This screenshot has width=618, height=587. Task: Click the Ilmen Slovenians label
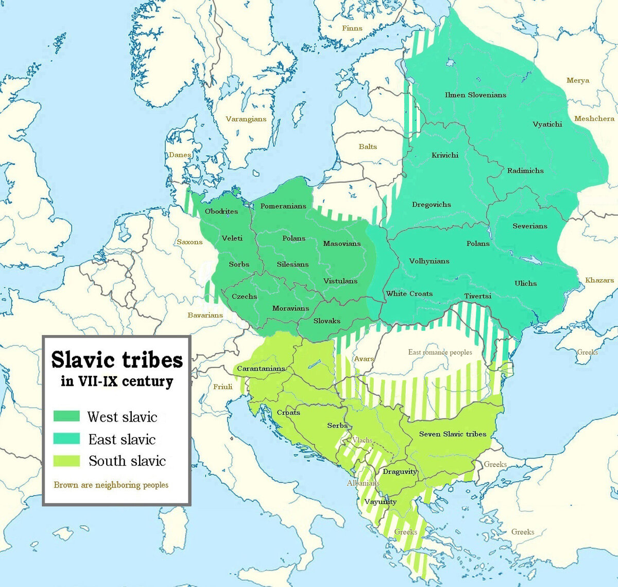pyautogui.click(x=475, y=95)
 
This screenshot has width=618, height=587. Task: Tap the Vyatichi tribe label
pyautogui.click(x=547, y=124)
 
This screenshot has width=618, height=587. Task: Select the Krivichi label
pyautogui.click(x=444, y=155)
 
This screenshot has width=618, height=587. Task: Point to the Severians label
pyautogui.click(x=529, y=226)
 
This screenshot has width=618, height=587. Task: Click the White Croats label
pyautogui.click(x=409, y=294)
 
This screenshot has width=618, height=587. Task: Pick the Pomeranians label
pyautogui.click(x=283, y=206)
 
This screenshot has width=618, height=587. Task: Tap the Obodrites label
pyautogui.click(x=221, y=211)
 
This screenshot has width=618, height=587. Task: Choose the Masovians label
pyautogui.click(x=342, y=244)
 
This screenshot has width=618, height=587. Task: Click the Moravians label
pyautogui.click(x=290, y=308)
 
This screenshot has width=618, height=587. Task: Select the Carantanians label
pyautogui.click(x=261, y=369)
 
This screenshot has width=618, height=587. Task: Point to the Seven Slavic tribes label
pyautogui.click(x=452, y=434)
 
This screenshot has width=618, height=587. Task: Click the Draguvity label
pyautogui.click(x=400, y=472)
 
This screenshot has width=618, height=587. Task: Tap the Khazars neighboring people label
pyautogui.click(x=599, y=280)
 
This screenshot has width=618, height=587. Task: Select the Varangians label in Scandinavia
pyautogui.click(x=246, y=119)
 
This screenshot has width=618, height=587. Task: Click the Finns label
pyautogui.click(x=352, y=28)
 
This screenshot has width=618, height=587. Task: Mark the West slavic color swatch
pyautogui.click(x=67, y=416)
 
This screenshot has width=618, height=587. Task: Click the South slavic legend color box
pyautogui.click(x=67, y=460)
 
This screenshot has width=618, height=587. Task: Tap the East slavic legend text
pyautogui.click(x=122, y=439)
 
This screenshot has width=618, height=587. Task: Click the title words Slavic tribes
pyautogui.click(x=117, y=359)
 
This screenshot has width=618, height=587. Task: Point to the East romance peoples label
pyautogui.click(x=440, y=353)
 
